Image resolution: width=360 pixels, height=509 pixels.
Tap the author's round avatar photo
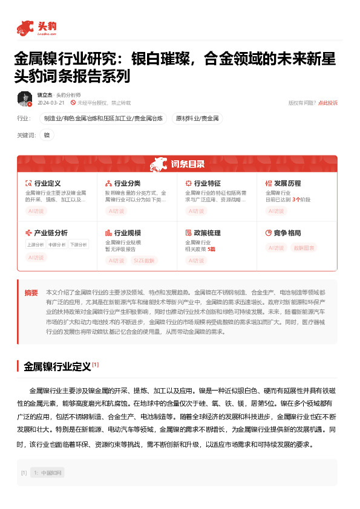pyautogui.click(x=25, y=99)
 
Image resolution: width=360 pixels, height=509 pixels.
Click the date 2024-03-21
pyautogui.click(x=51, y=103)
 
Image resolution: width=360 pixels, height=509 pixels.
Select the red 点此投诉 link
pyautogui.click(x=328, y=103)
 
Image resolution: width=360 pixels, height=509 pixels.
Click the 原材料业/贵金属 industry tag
pyautogui.click(x=198, y=118)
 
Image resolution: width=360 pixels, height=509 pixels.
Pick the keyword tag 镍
pyautogui.click(x=47, y=135)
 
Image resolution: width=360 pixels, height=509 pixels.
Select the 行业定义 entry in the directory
pyautogui.click(x=47, y=183)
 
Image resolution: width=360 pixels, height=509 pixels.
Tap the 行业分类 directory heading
pyautogui.click(x=127, y=183)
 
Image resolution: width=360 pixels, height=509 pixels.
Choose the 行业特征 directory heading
pyautogui.click(x=207, y=183)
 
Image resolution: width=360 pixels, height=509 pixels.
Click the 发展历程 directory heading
pyautogui.click(x=287, y=183)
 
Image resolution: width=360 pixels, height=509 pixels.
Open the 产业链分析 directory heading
pyautogui.click(x=51, y=233)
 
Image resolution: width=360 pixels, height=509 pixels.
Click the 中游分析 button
pyautogui.click(x=56, y=245)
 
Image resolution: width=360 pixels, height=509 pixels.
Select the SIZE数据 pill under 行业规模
pyautogui.click(x=143, y=261)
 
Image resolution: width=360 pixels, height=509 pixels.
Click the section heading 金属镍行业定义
pyautogui.click(x=57, y=366)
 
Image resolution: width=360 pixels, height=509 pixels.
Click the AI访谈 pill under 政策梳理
pyautogui.click(x=196, y=261)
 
